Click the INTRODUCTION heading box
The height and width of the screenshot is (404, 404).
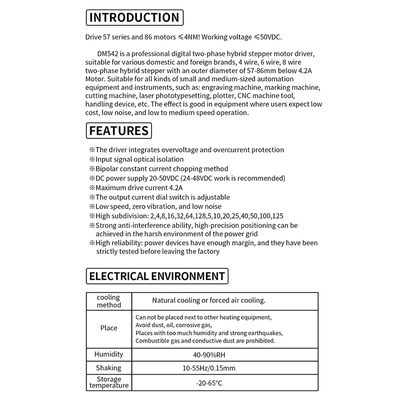tap(134, 18)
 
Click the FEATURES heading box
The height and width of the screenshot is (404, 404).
tap(119, 131)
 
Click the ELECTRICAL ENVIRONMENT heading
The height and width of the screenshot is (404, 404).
tap(157, 276)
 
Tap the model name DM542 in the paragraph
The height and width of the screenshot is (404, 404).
tap(109, 53)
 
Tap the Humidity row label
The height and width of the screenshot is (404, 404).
tap(109, 354)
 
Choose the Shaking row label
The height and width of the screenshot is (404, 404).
tap(109, 368)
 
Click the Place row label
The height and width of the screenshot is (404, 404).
tap(109, 328)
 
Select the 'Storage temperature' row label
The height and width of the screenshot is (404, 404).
tap(109, 383)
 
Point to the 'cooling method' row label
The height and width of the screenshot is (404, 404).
tap(109, 301)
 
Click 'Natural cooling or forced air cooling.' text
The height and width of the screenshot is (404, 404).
tap(209, 300)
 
